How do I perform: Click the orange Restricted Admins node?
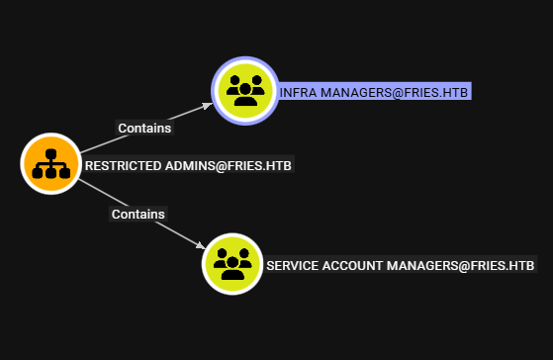click(50, 163)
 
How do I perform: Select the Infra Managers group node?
click(245, 91)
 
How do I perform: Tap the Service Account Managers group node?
click(232, 264)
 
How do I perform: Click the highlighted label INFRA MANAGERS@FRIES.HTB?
click(374, 92)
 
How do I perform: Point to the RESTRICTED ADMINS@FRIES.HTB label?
click(188, 165)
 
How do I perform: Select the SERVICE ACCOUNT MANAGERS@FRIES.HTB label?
click(401, 265)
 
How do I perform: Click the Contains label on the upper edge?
click(144, 128)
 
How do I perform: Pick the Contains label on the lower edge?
click(138, 214)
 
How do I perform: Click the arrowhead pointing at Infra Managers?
click(208, 106)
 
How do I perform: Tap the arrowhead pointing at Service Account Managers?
click(200, 245)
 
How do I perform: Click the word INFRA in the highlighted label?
click(298, 93)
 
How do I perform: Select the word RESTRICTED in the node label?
click(123, 165)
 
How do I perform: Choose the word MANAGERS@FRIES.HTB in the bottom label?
click(461, 265)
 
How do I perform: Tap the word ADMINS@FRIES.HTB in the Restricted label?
click(229, 165)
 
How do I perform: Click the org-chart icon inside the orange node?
click(50, 163)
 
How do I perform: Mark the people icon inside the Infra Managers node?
click(245, 91)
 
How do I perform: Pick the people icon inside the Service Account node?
click(232, 264)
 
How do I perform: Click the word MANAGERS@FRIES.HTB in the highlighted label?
click(394, 93)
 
